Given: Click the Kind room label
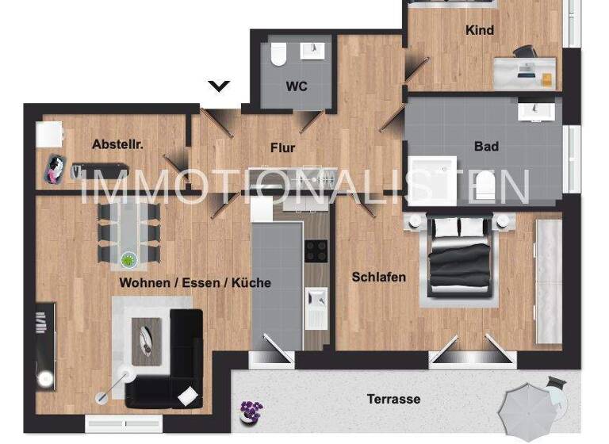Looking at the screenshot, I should coord(480,30).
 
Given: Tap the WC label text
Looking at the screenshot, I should coord(297,86).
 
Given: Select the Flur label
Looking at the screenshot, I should coord(282,147).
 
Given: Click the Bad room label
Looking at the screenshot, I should coord(486,147).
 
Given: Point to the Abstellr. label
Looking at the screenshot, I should coord(117,144).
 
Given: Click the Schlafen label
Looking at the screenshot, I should coord(379,277).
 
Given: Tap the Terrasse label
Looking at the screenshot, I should coord(393,399).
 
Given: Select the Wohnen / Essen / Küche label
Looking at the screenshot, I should coord(195,282).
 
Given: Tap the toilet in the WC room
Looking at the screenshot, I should coord(278,54).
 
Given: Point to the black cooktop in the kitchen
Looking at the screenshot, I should coord(316,251).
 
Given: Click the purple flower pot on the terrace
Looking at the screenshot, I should coord(251,411).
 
